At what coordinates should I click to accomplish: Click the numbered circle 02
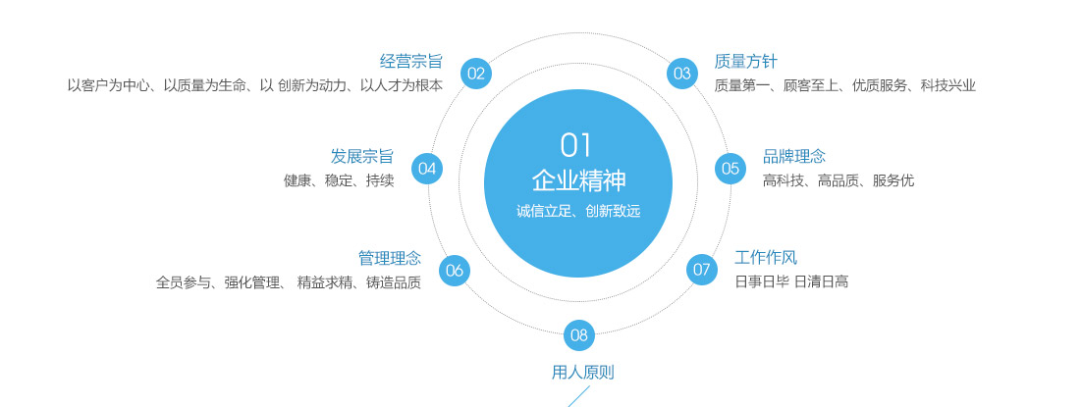476,74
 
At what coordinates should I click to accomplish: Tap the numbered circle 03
681,74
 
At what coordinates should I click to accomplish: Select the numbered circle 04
427,169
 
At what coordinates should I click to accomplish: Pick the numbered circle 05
730,169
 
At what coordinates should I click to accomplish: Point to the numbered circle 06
454,271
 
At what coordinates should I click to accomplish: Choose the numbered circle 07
701,269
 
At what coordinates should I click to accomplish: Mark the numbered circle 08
579,336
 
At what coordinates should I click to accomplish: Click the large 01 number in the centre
577,145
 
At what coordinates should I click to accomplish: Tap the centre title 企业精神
579,180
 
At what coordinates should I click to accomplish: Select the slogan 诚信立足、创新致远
579,211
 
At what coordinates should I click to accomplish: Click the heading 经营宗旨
410,62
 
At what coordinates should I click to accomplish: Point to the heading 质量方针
746,62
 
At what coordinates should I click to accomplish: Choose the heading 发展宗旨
362,156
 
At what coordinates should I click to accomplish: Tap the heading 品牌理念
794,157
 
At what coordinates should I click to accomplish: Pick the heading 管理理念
390,259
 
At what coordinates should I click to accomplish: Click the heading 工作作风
766,258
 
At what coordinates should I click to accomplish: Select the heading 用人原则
583,374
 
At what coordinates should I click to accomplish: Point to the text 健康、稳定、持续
339,181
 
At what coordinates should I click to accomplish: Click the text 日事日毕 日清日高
791,281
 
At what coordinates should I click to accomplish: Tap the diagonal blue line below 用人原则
579,396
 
